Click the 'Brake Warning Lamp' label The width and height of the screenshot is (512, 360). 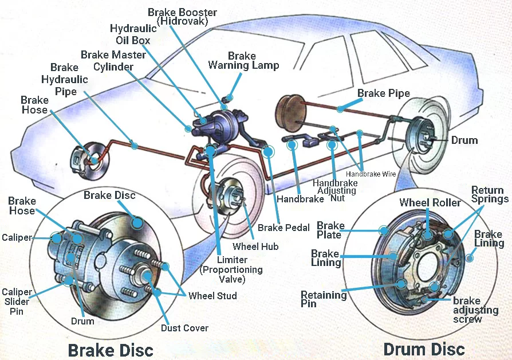(243, 60)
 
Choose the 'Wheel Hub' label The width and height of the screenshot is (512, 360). (255, 246)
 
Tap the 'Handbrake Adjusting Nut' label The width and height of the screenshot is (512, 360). (336, 190)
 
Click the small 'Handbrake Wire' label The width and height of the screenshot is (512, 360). (371, 173)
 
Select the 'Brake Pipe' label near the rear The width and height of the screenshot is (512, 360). (383, 93)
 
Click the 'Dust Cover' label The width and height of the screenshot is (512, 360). (184, 328)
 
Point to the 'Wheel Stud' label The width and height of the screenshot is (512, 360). (212, 296)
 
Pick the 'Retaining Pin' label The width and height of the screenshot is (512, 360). (324, 299)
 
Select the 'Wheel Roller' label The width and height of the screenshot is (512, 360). (430, 202)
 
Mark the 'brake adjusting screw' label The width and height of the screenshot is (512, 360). (475, 310)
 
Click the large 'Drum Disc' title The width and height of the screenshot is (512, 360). (424, 349)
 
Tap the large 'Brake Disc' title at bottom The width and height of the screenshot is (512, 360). (111, 349)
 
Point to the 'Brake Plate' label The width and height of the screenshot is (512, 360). (330, 230)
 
